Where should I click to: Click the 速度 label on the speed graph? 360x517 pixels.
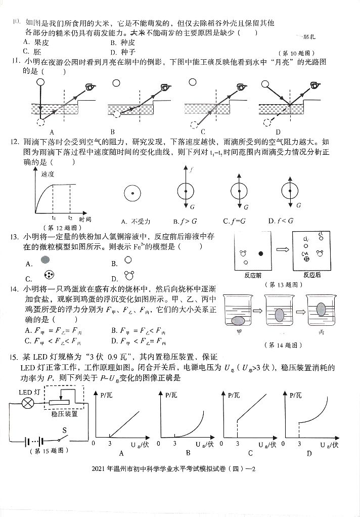click(x=48, y=174)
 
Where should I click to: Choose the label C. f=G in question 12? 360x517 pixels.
click(x=234, y=221)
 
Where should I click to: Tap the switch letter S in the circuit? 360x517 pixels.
click(x=65, y=430)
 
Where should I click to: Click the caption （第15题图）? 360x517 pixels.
click(x=50, y=451)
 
